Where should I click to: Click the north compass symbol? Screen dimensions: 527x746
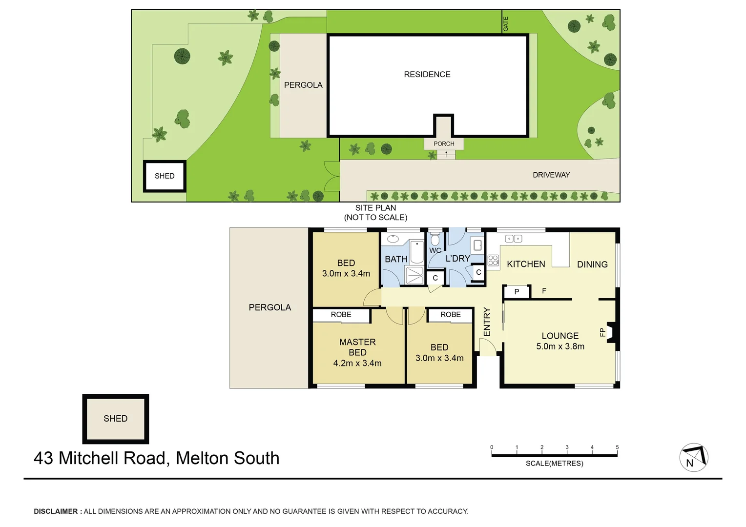tap(694, 458)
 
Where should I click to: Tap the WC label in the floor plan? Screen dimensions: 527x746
tap(435, 250)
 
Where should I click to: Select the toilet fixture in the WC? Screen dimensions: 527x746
tap(435, 239)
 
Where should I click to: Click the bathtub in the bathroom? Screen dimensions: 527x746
tap(416, 251)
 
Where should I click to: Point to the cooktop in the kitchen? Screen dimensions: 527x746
tap(493, 261)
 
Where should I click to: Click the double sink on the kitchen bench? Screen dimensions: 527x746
tap(513, 239)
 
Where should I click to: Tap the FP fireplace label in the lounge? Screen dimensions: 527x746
tap(602, 332)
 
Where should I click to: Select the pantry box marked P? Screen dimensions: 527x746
tap(517, 292)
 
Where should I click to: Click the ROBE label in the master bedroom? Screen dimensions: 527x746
tap(341, 315)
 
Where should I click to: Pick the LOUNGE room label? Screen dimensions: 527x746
tap(560, 336)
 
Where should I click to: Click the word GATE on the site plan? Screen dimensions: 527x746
tap(506, 23)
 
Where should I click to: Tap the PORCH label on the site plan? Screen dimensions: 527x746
tap(444, 143)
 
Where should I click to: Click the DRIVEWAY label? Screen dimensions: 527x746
tap(551, 175)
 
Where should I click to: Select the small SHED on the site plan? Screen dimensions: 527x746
tap(165, 176)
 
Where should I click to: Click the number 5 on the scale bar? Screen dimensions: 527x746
tap(617, 447)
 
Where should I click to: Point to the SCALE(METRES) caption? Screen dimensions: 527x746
tap(554, 463)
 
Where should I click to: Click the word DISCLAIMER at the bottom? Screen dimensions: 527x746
tap(56, 511)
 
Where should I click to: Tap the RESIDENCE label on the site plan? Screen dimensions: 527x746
tap(427, 74)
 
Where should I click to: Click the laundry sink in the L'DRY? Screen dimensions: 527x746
tap(477, 245)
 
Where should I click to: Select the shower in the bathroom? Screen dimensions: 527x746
tap(415, 275)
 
